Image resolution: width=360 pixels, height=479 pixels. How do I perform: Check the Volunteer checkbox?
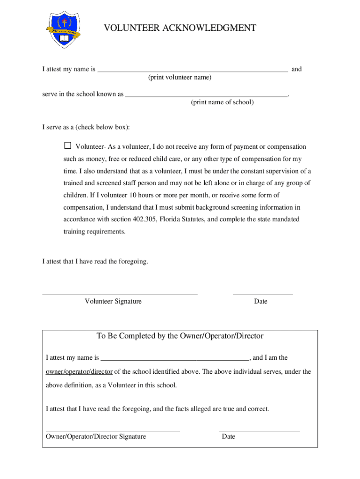pyautogui.click(x=68, y=146)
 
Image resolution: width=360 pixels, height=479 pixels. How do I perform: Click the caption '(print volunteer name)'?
pyautogui.click(x=180, y=77)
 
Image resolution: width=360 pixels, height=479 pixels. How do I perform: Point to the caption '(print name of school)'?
pyautogui.click(x=222, y=102)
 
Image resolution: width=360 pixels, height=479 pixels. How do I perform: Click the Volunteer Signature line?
pyautogui.click(x=120, y=293)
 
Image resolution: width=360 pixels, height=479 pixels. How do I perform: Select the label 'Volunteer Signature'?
pyautogui.click(x=113, y=301)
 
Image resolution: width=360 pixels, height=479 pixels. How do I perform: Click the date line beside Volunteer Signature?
pyautogui.click(x=263, y=293)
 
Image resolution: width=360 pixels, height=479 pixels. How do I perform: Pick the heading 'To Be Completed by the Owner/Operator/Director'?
pyautogui.click(x=180, y=336)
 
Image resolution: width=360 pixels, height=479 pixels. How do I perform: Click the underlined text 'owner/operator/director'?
pyautogui.click(x=79, y=372)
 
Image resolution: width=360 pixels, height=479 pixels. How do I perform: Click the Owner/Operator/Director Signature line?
pyautogui.click(x=113, y=429)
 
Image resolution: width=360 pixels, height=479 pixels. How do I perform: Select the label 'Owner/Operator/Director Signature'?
pyautogui.click(x=96, y=436)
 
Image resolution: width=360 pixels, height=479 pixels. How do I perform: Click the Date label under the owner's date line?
pyautogui.click(x=229, y=436)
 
